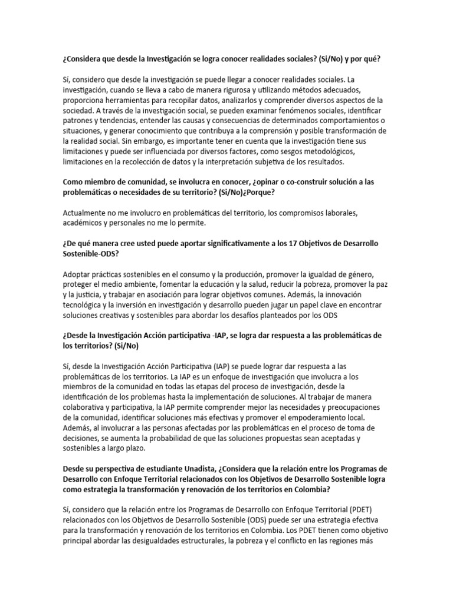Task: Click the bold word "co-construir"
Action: [x=282, y=182]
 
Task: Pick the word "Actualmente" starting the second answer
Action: [x=86, y=212]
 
